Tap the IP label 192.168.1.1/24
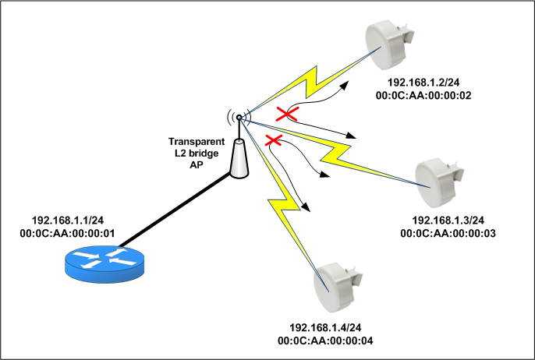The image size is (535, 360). [x=68, y=221]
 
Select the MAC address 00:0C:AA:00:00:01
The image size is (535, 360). [x=68, y=233]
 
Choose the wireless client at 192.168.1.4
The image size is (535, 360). [x=338, y=284]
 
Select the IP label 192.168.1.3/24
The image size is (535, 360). [x=448, y=221]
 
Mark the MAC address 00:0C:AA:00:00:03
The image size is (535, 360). [x=448, y=233]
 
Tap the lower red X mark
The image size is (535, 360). [x=274, y=141]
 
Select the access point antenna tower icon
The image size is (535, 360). [x=238, y=156]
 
